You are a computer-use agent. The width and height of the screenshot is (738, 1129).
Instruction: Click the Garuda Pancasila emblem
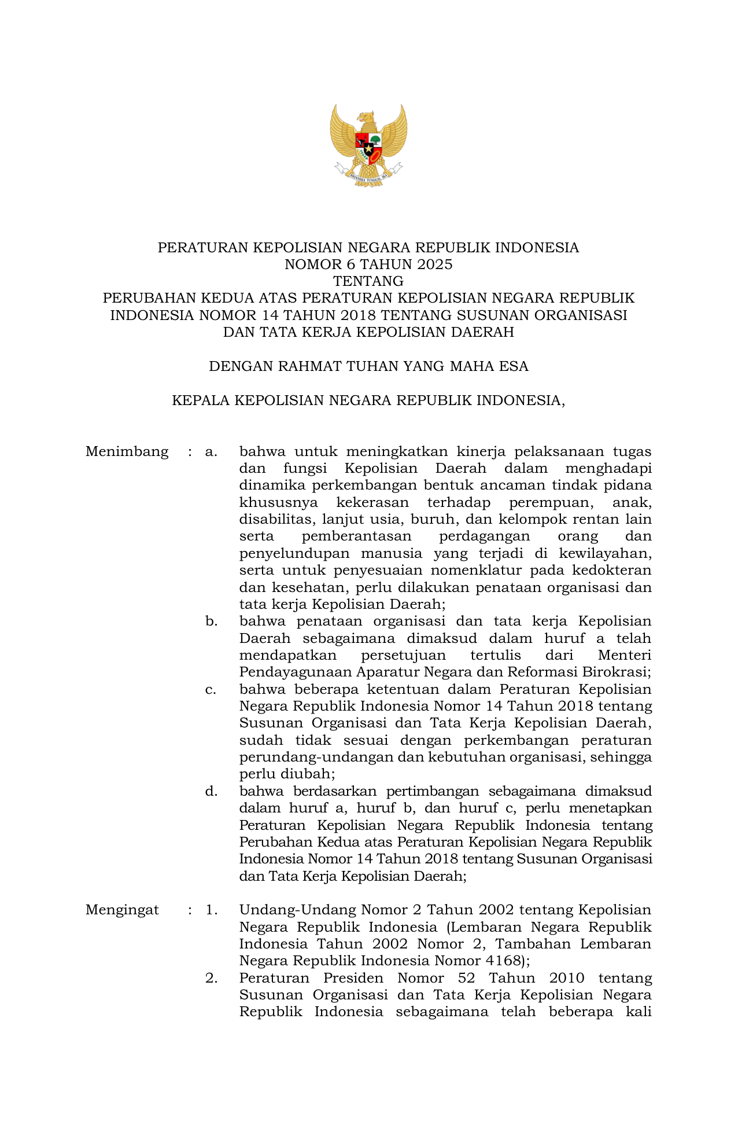tap(368, 145)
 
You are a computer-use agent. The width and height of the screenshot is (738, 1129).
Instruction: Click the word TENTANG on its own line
tap(368, 281)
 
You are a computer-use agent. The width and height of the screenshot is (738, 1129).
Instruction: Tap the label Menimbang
tap(127, 451)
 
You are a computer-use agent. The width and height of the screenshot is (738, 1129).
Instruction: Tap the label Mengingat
tap(122, 910)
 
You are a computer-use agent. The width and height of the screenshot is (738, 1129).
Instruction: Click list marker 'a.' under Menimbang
tap(211, 451)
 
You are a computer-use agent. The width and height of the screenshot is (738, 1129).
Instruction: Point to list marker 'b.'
tap(211, 621)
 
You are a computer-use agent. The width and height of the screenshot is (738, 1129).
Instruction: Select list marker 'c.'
tap(211, 689)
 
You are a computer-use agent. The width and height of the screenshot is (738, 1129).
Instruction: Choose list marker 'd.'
tap(211, 791)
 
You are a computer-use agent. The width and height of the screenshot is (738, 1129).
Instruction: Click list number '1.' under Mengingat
tap(211, 910)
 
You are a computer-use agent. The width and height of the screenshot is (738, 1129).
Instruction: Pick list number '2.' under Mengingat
tap(211, 978)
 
